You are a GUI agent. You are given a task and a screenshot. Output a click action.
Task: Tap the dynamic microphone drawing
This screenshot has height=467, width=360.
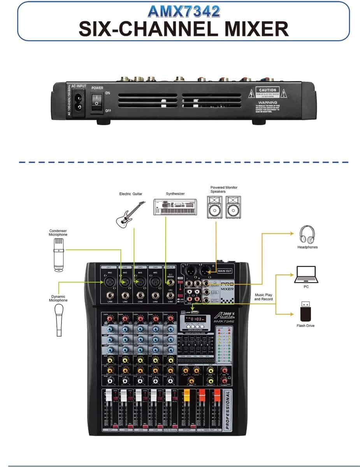pyautogui.click(x=59, y=319)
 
